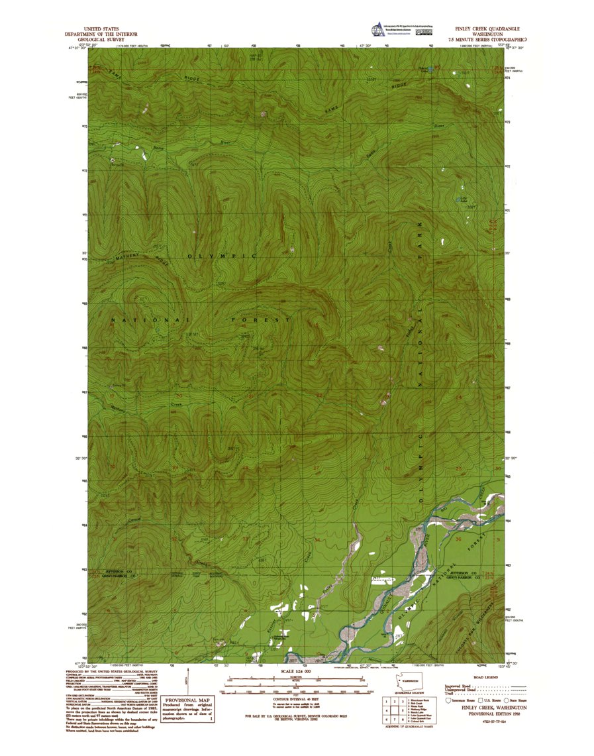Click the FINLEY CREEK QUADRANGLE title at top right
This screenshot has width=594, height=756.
pyautogui.click(x=487, y=30)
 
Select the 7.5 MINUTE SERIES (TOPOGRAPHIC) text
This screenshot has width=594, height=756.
pyautogui.click(x=487, y=40)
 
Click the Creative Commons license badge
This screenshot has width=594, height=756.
pyautogui.click(x=424, y=30)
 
